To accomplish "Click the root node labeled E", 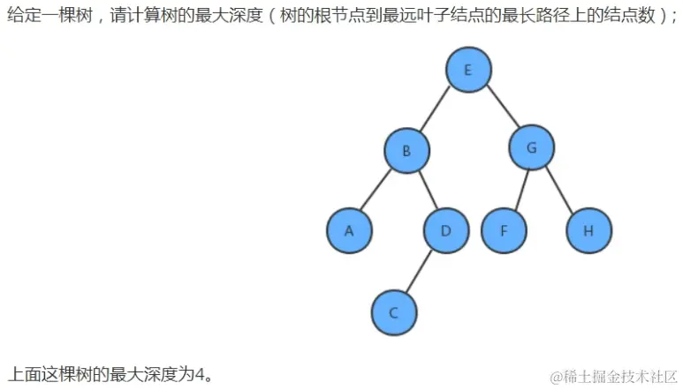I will [468, 70].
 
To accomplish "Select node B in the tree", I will [406, 150].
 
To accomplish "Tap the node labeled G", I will [531, 148].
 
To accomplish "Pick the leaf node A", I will [349, 231].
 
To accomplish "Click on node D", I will [446, 231].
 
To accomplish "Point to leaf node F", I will [504, 231].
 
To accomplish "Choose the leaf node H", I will [588, 231].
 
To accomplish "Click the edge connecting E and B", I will [437, 109].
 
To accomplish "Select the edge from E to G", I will [500, 109].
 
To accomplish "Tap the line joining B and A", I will [377, 191].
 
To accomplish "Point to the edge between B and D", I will [427, 191].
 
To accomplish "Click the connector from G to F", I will [518, 190].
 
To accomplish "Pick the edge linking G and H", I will [559, 190].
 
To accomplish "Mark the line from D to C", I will [420, 272].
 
